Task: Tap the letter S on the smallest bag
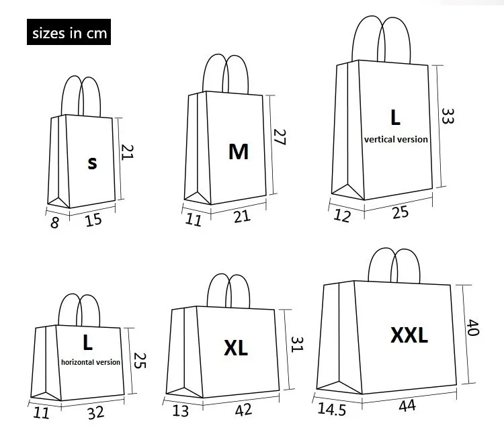(93, 162)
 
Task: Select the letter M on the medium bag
(238, 151)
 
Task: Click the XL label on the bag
(236, 347)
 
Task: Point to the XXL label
(409, 335)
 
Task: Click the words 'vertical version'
(395, 140)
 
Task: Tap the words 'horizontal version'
(91, 362)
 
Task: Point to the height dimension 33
(448, 115)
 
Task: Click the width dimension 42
(243, 409)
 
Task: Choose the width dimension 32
(96, 412)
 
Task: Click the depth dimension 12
(342, 216)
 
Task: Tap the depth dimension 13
(180, 410)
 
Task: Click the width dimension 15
(93, 219)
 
